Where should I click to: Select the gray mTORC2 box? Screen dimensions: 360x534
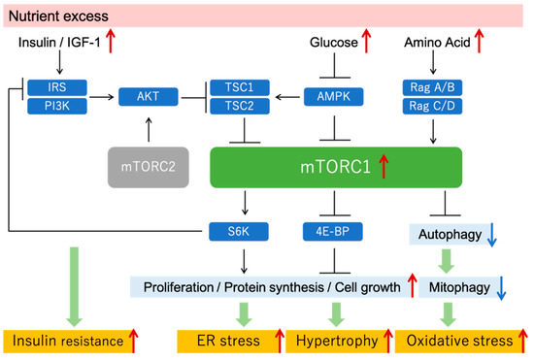click(149, 168)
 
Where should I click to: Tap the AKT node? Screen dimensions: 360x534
click(148, 95)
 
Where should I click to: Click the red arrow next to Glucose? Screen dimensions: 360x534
click(367, 43)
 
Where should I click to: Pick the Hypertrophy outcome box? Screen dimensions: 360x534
click(340, 341)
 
